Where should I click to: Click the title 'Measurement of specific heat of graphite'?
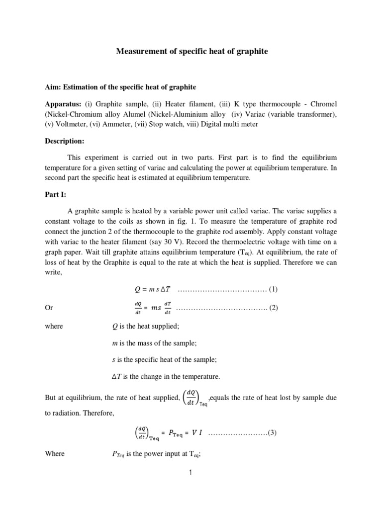[x=191, y=51]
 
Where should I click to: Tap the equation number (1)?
[x=273, y=289]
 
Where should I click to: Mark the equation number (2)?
[x=274, y=308]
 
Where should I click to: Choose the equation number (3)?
[x=272, y=432]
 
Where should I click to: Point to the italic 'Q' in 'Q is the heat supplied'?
[x=115, y=326]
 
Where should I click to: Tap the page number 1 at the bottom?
[x=191, y=473]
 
